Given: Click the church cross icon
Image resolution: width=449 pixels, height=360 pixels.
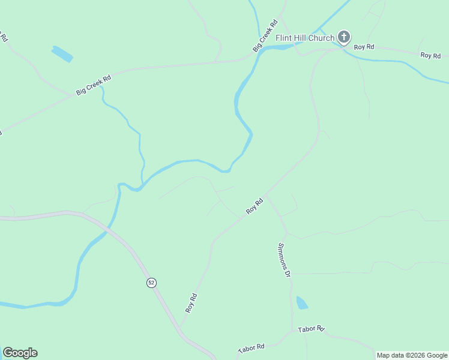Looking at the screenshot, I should click(x=344, y=38).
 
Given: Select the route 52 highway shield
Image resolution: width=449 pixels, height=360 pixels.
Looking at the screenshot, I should click(x=151, y=283).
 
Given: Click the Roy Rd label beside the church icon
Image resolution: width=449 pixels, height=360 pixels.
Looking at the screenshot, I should click(x=364, y=47).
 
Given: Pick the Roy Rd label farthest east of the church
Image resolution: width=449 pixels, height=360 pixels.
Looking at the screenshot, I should click(x=430, y=55).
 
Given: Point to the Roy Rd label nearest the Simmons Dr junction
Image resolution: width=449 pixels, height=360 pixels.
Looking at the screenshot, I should click(x=255, y=206).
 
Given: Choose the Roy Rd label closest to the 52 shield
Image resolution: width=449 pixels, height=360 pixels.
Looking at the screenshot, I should click(x=191, y=302).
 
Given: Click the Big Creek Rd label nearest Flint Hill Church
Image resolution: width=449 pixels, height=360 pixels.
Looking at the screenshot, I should click(x=265, y=36).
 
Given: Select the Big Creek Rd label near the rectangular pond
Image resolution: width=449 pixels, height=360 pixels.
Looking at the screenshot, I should click(x=94, y=85).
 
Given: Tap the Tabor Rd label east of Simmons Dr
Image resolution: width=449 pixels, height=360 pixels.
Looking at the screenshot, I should click(x=312, y=329).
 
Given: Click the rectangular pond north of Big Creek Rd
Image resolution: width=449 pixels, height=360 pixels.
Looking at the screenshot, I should click(x=62, y=54).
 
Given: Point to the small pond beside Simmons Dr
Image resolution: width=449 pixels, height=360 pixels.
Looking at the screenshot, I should click(x=301, y=302).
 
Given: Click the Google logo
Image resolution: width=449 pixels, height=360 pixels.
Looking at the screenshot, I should click(x=20, y=353).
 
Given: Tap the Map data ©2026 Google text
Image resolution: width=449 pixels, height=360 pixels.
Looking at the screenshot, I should click(x=412, y=355).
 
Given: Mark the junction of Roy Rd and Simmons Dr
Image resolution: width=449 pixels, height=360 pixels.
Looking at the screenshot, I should click(x=266, y=196).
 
